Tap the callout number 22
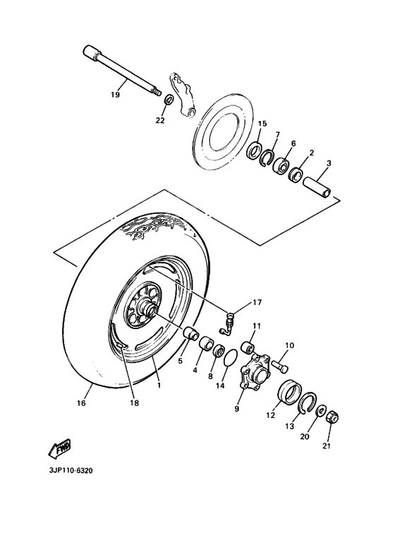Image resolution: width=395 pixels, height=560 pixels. pyautogui.click(x=159, y=120)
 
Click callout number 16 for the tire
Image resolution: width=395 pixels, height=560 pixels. pyautogui.click(x=82, y=403)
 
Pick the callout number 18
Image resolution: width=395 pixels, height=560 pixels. pyautogui.click(x=133, y=403)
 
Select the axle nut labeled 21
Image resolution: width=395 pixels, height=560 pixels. pyautogui.click(x=336, y=417)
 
